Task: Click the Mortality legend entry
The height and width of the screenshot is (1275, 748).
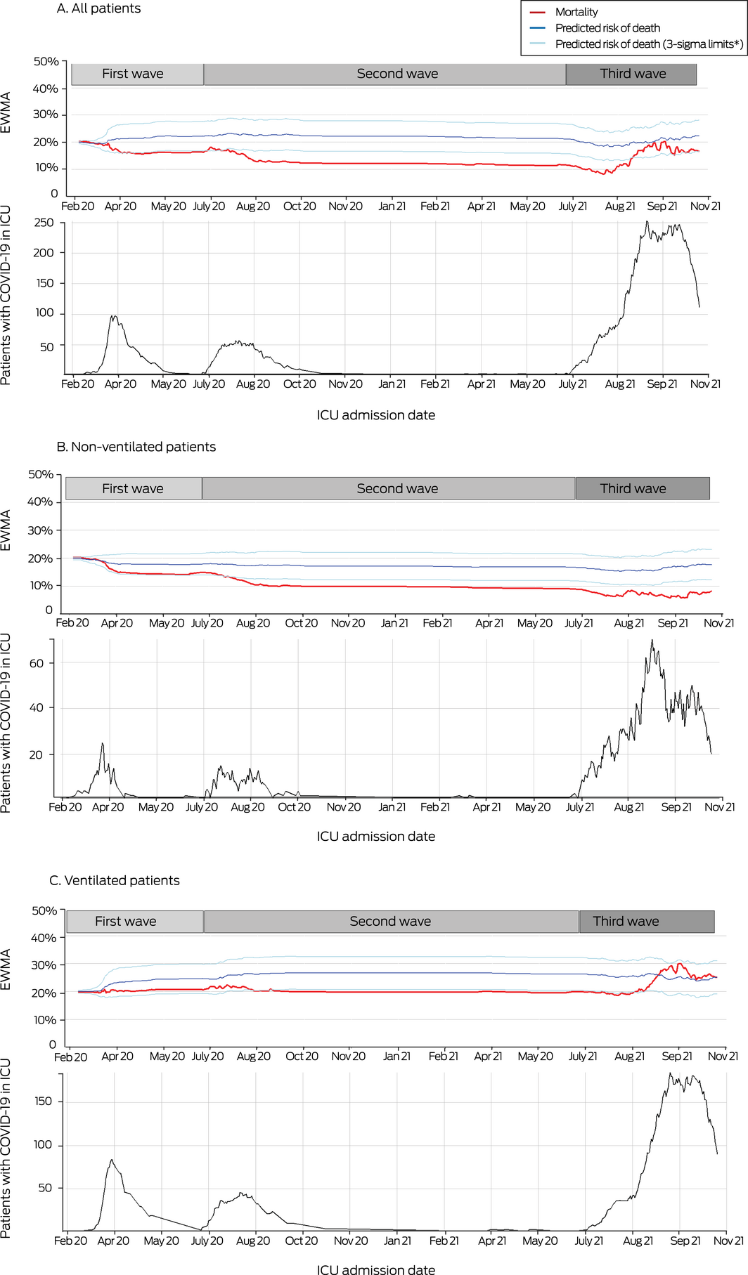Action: point(576,12)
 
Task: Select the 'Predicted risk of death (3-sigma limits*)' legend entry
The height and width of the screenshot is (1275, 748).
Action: point(648,44)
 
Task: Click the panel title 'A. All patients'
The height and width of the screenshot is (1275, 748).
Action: point(98,8)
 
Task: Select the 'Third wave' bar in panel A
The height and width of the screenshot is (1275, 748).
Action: point(631,74)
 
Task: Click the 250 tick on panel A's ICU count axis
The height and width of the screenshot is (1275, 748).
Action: point(44,223)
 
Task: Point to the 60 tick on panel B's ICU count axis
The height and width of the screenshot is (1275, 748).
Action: point(36,663)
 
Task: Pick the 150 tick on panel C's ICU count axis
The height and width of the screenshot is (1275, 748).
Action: point(43,1101)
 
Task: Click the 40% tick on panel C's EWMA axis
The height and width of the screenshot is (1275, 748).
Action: point(44,938)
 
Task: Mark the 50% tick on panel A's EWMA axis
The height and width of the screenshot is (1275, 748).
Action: point(46,62)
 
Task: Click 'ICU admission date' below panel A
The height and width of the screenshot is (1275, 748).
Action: point(375,415)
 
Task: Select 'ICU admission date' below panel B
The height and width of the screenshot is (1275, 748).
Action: point(375,837)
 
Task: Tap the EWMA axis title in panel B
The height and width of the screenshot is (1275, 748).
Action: point(6,530)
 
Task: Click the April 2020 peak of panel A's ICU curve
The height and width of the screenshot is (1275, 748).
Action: point(114,316)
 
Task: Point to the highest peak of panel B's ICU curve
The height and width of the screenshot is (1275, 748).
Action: point(652,640)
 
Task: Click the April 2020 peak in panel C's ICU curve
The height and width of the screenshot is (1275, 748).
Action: point(111,1160)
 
